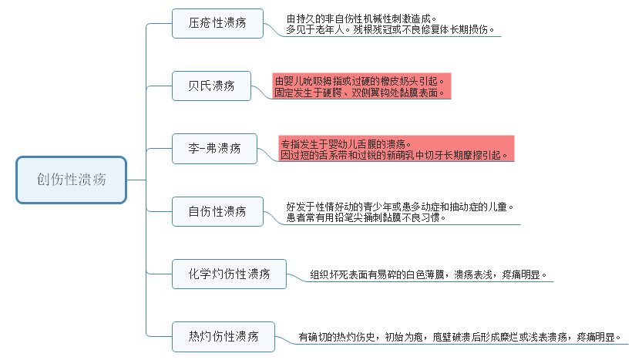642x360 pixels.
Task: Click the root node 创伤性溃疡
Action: pyautogui.click(x=72, y=180)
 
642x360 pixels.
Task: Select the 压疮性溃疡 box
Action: pyautogui.click(x=217, y=24)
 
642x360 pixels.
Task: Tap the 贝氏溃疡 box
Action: pyautogui.click(x=212, y=85)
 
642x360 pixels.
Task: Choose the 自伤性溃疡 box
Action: pyautogui.click(x=217, y=210)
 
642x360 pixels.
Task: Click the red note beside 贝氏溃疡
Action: pyautogui.click(x=360, y=86)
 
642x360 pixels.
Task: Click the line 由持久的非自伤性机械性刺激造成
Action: pyautogui.click(x=361, y=19)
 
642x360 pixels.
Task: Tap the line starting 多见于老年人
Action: pyautogui.click(x=389, y=30)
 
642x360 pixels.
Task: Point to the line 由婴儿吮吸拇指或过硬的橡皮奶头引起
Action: pyautogui.click(x=359, y=80)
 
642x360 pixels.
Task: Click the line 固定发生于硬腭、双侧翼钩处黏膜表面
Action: pyautogui.click(x=359, y=92)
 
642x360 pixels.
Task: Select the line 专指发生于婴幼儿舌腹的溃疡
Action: pyautogui.click(x=346, y=143)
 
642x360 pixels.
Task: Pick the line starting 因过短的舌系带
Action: pyautogui.click(x=395, y=155)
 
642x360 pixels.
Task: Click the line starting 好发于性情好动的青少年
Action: pyautogui.click(x=400, y=207)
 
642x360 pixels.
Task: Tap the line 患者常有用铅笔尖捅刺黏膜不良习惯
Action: pyautogui.click(x=366, y=217)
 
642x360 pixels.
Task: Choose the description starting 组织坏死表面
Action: pyautogui.click(x=429, y=274)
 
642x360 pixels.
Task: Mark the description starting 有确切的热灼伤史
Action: pyautogui.click(x=459, y=337)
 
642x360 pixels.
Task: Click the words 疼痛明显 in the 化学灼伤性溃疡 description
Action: pyautogui.click(x=524, y=274)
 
